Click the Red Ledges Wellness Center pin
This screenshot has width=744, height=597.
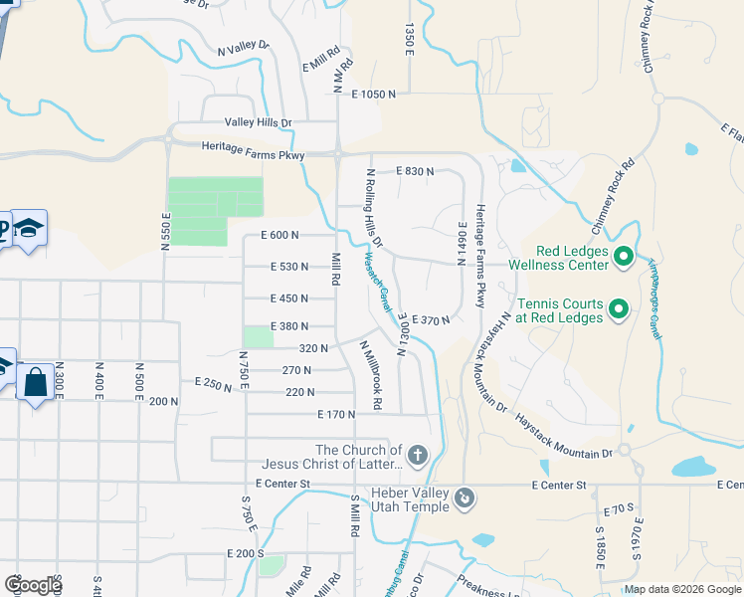click(x=624, y=258)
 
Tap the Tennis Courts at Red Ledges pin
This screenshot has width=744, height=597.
click(x=618, y=309)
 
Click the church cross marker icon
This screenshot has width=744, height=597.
click(x=418, y=457)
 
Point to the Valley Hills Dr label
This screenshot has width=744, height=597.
click(x=259, y=123)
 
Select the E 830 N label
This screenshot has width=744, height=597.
click(x=415, y=171)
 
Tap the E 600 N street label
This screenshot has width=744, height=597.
click(x=280, y=235)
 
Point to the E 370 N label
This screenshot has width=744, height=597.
click(x=432, y=320)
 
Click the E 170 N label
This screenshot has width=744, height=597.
click(x=336, y=414)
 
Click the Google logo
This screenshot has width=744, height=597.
click(x=32, y=585)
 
